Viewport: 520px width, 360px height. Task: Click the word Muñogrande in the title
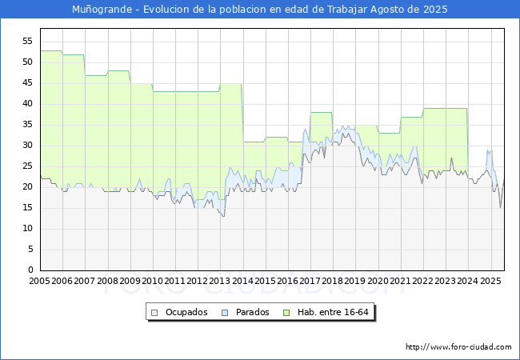coord(102,10)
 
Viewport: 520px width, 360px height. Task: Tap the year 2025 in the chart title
coord(435,10)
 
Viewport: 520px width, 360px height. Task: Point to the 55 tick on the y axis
coord(27,41)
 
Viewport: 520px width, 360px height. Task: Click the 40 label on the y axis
coord(27,104)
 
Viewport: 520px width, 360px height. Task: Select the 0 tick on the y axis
coord(30,270)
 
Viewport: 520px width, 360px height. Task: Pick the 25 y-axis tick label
coord(27,166)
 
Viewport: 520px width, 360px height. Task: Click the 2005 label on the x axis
coord(39,281)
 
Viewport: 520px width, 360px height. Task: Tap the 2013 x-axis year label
coord(219,281)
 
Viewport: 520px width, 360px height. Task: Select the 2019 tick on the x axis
coord(354,281)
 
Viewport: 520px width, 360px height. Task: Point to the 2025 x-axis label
coord(490,281)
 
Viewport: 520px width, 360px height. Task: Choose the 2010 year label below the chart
coord(152,281)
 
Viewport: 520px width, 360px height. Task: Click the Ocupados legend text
coord(186,312)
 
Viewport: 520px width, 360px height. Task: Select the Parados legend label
coord(252,312)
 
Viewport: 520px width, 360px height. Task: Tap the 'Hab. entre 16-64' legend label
coord(333,312)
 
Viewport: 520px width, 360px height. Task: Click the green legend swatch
coord(286,313)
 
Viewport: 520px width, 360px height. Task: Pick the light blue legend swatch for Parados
coord(225,313)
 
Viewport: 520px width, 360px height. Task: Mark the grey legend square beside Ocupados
coord(154,313)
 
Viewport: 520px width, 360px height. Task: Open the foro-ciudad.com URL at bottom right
coord(458,347)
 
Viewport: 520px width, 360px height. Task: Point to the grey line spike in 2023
coord(451,158)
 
